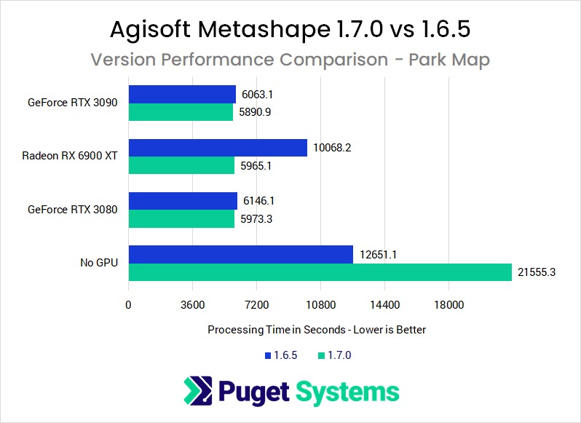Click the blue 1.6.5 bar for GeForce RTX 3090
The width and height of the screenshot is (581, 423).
point(182,95)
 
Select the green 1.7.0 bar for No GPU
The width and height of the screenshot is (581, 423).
point(320,272)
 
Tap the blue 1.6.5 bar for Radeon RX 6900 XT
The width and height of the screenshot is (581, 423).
point(218,148)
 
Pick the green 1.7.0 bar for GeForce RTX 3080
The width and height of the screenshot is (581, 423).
point(181,219)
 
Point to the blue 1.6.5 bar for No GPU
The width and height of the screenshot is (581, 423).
point(240,254)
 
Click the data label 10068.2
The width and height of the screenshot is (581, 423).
point(333,148)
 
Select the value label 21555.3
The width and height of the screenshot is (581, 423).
point(536,272)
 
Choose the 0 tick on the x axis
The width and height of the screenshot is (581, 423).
point(129,305)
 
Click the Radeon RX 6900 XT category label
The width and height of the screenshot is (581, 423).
point(70,156)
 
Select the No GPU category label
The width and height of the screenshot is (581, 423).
point(99,262)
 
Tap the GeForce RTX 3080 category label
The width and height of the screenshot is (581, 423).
point(73,210)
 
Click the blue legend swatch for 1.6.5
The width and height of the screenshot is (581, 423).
point(267,356)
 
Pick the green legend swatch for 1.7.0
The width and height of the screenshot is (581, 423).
point(321,356)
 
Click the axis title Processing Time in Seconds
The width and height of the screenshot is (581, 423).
point(317,329)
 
